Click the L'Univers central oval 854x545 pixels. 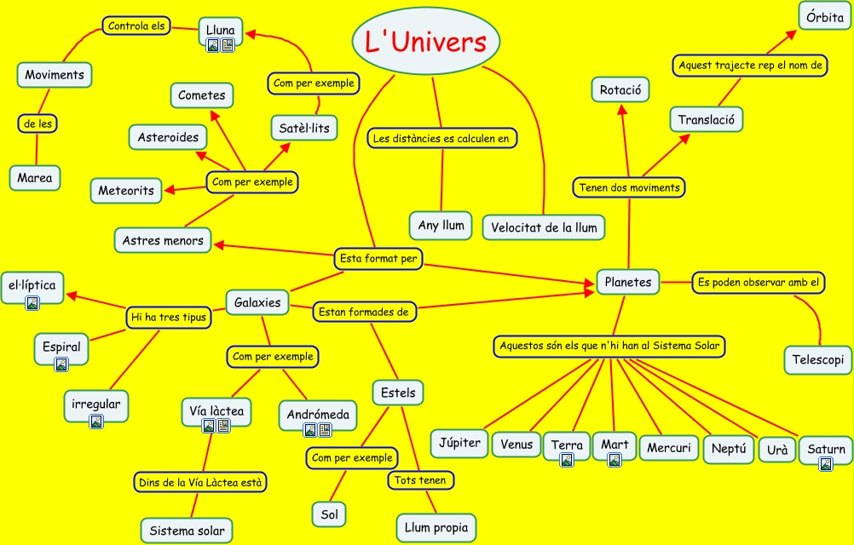425,42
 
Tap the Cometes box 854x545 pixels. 202,95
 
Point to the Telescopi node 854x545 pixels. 817,359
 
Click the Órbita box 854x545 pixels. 824,17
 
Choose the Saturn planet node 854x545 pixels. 826,450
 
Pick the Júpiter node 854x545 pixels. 459,443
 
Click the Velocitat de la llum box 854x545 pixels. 544,227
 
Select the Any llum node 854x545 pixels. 441,226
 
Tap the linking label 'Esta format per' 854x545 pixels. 378,258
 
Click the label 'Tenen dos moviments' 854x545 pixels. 629,187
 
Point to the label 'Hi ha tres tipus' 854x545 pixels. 168,318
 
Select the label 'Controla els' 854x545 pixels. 136,26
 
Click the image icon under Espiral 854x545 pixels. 61,364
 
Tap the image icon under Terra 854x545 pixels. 566,461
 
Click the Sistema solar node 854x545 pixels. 186,531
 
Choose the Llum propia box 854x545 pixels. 436,528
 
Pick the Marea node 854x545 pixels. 35,178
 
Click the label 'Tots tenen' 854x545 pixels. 419,480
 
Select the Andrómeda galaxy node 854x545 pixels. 317,415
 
